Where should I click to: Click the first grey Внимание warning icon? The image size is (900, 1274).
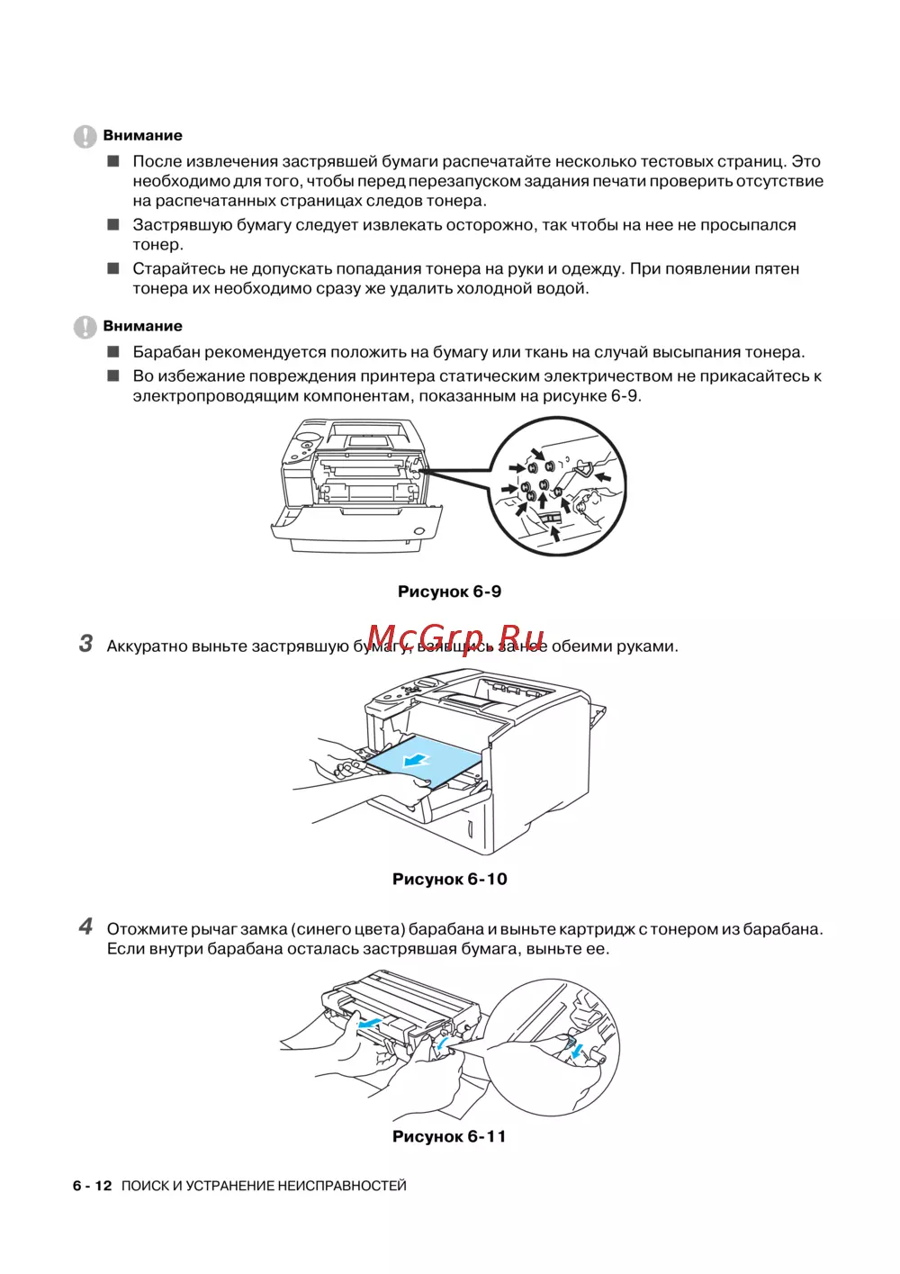85,136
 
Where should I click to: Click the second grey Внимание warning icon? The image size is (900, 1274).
85,327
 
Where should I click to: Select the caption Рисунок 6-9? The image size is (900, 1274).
449,592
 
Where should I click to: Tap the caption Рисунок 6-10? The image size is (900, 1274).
449,879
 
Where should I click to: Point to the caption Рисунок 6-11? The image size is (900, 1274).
449,1136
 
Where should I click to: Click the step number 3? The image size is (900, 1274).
85,644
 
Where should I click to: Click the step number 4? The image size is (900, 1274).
85,926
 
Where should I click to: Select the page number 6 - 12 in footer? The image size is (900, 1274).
93,1186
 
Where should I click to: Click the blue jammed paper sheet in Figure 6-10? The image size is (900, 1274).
423,761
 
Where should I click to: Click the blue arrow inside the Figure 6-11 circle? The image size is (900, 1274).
577,1050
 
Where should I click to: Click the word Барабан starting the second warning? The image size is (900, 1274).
172,352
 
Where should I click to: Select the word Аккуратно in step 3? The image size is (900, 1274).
147,646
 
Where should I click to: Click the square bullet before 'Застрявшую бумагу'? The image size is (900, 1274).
113,225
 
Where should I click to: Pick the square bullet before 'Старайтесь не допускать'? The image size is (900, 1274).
113,268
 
